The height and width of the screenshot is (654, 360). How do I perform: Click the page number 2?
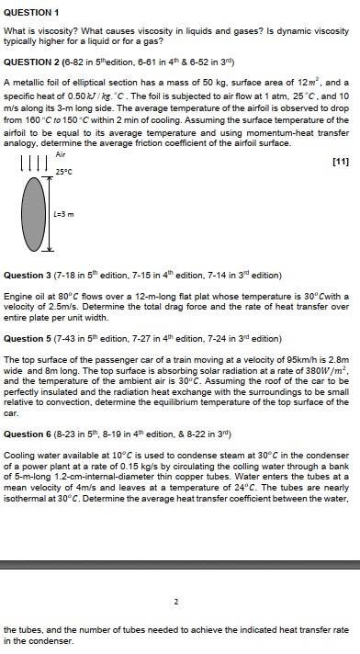point(175,603)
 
